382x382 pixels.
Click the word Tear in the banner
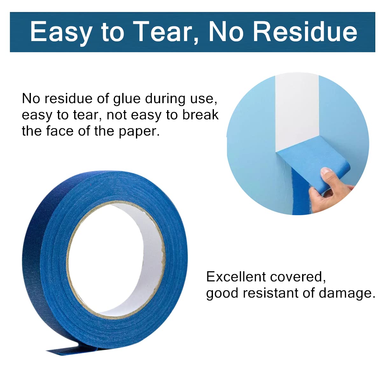click(164, 32)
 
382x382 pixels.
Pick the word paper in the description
click(139, 132)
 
